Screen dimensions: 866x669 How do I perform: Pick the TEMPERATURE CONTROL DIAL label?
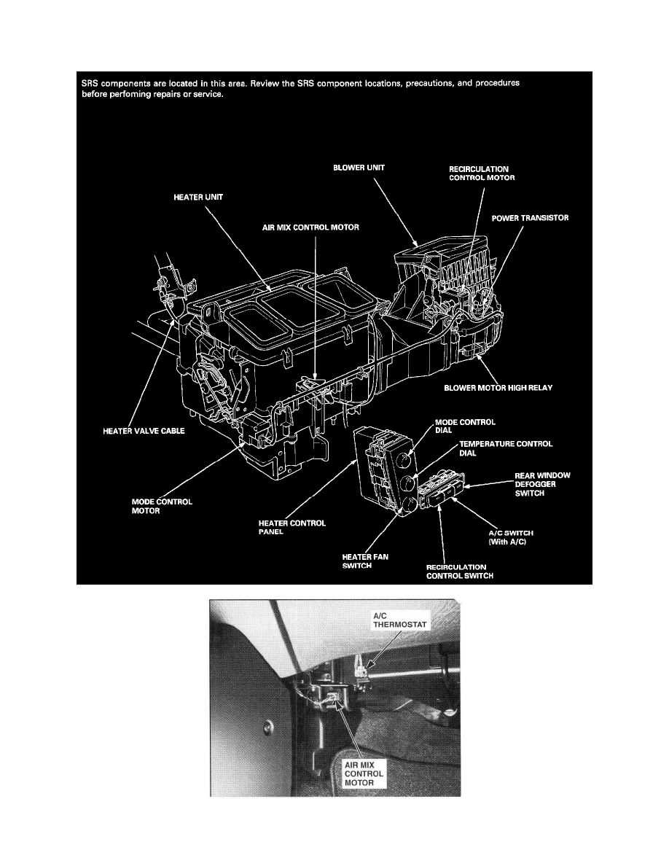tap(504, 448)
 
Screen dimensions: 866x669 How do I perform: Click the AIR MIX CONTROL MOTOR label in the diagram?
tap(315, 227)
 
